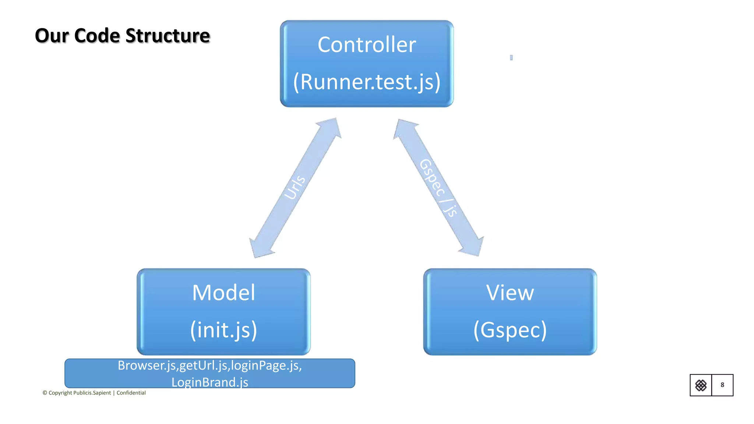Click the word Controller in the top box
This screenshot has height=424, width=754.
(x=367, y=45)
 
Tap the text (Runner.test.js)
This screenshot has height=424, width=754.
(x=367, y=82)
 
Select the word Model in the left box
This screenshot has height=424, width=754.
(x=223, y=293)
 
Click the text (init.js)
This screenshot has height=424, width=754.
(x=223, y=330)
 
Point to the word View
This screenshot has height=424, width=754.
(x=510, y=293)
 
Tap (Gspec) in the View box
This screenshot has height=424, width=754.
(x=510, y=330)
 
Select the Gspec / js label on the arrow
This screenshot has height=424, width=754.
(x=438, y=188)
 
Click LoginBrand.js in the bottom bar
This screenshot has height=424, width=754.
(x=210, y=382)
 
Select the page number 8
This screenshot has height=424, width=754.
(x=722, y=385)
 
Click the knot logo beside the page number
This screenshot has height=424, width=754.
(x=701, y=385)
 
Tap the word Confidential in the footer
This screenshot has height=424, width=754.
(x=131, y=393)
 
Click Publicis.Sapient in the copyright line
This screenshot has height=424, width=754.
(x=92, y=393)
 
